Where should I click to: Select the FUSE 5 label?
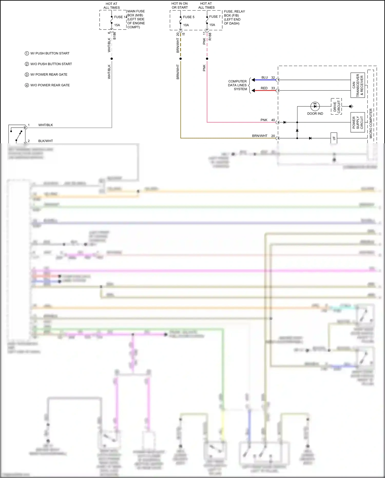[x=188, y=17]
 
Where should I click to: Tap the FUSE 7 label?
[x=215, y=17]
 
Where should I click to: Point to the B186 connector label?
[x=114, y=36]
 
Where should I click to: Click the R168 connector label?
[x=210, y=36]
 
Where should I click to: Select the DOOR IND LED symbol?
[x=315, y=106]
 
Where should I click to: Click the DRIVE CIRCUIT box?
[x=336, y=106]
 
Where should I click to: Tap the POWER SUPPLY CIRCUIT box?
[x=358, y=122]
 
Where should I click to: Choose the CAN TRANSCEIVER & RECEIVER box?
[x=358, y=85]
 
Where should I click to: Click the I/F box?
[x=334, y=138]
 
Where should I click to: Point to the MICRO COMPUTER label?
[x=371, y=123]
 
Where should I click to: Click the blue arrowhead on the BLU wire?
[x=253, y=80]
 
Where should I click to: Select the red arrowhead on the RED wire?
[x=253, y=90]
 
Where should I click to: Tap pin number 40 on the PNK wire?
[x=273, y=120]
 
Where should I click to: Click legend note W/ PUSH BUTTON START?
[x=50, y=53]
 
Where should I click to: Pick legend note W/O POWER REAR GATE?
[x=50, y=85]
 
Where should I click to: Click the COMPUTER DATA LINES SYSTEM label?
[x=237, y=85]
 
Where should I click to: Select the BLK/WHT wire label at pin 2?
[x=45, y=141]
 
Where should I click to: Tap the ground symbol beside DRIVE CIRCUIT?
[x=351, y=106]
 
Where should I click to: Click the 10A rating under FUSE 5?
[x=186, y=25]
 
